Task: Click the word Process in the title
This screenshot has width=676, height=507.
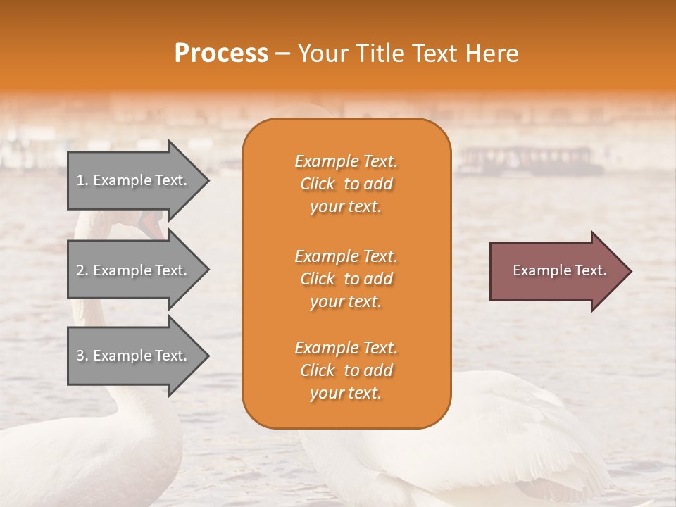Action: [x=221, y=54]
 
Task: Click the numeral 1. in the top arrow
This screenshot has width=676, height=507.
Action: [x=82, y=180]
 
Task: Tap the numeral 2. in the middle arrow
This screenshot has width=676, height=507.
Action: [x=82, y=270]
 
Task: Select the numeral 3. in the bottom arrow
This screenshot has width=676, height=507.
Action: [x=82, y=356]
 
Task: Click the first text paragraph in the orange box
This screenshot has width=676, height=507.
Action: [x=346, y=184]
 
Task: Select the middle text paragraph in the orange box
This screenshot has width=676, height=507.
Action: [x=346, y=279]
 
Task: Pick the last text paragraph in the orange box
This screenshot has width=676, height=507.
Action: [x=346, y=370]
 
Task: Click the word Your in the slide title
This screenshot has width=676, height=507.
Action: [x=323, y=54]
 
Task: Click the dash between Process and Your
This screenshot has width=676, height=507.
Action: [x=282, y=54]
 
